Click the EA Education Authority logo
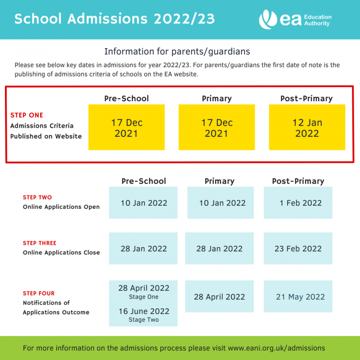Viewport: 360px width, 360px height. point(295,20)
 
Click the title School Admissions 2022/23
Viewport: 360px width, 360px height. point(115,19)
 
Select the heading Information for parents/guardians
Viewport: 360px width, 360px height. point(177,51)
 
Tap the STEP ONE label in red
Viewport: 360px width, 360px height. point(27,115)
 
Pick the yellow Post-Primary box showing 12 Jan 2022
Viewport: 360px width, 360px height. point(307,127)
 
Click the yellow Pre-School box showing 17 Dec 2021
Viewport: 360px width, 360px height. point(126,127)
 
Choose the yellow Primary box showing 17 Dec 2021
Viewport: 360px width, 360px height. point(217,127)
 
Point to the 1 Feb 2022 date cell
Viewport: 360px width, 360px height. point(298,203)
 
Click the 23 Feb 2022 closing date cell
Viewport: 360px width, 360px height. point(298,249)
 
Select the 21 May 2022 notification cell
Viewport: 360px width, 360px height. point(300,297)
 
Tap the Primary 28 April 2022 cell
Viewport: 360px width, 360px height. point(220,297)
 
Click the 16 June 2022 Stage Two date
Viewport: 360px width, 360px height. point(144,311)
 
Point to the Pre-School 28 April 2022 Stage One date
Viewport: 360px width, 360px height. point(144,288)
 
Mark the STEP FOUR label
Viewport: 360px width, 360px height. point(39,293)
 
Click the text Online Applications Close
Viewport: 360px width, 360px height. point(61,252)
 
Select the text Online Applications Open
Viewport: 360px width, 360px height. point(61,207)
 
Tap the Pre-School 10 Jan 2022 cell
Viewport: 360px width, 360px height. point(144,203)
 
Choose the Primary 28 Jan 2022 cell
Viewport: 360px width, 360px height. point(220,249)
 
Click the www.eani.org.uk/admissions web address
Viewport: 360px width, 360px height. point(277,348)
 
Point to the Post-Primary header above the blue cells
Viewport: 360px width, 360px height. point(298,181)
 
